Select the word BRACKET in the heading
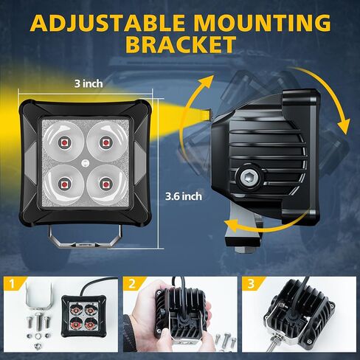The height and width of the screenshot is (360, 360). (x=179, y=44)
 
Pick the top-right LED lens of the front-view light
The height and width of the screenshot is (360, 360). (x=105, y=139)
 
